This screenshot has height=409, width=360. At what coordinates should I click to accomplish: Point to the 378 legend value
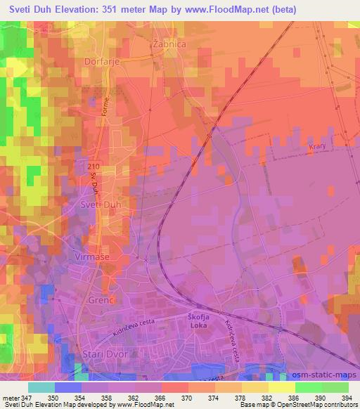tap(229, 398)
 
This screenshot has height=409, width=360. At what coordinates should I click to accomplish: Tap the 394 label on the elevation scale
tap(345, 398)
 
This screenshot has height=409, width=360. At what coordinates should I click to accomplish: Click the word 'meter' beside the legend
tap(11, 398)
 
